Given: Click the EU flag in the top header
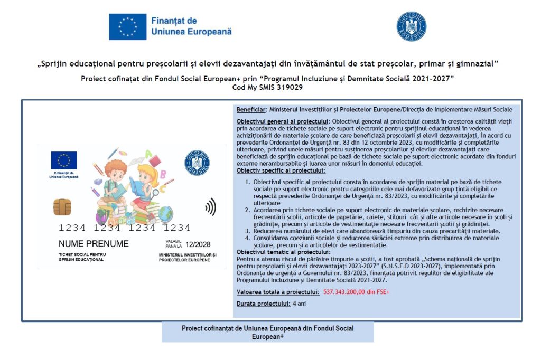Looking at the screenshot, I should click(x=127, y=26).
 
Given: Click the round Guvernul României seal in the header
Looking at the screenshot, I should click(x=412, y=26).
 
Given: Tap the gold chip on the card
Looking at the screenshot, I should click(x=62, y=207).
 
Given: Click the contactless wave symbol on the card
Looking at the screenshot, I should click(x=210, y=207).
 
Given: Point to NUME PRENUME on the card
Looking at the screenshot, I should click(x=94, y=244).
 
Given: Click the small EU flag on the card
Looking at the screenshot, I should click(x=64, y=160).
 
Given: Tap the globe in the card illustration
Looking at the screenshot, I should click(x=165, y=214).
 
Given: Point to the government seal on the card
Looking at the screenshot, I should click(x=197, y=163).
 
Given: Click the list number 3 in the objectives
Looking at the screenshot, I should click(x=248, y=231).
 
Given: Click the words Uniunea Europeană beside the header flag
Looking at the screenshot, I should click(x=191, y=32).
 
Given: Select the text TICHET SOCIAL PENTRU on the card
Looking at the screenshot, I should click(x=82, y=255).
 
